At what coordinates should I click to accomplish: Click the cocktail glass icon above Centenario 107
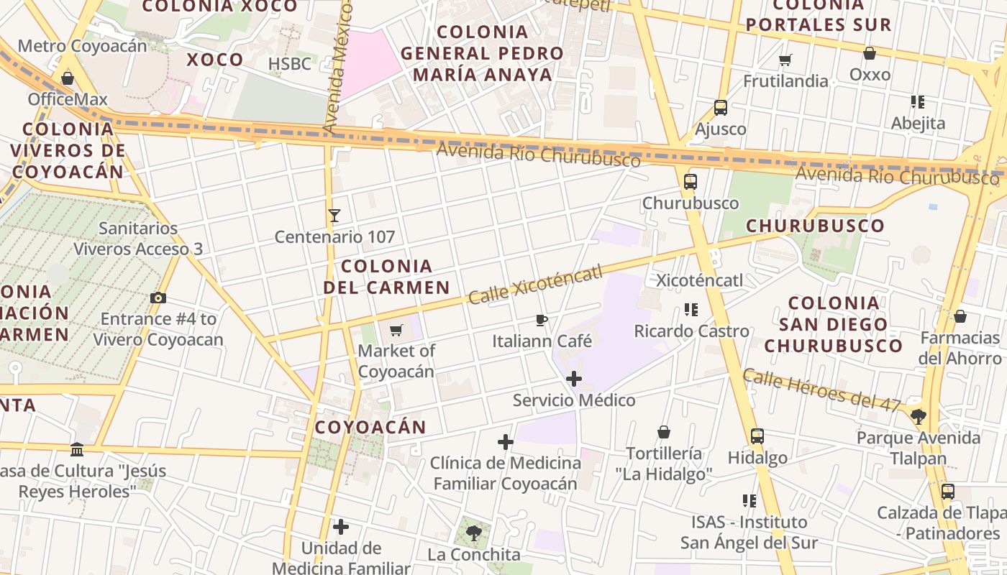click(334, 215)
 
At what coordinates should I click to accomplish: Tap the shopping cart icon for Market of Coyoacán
click(396, 330)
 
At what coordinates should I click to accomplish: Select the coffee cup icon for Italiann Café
click(542, 320)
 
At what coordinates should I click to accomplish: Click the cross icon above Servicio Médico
click(574, 379)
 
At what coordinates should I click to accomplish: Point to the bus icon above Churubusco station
click(691, 182)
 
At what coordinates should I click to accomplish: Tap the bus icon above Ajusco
click(721, 108)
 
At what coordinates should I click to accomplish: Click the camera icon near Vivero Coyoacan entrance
click(158, 298)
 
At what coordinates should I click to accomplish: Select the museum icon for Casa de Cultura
click(77, 450)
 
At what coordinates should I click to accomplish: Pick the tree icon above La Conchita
click(473, 533)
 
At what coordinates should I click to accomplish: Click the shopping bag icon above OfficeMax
click(68, 78)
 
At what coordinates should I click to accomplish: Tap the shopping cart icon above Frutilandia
click(785, 60)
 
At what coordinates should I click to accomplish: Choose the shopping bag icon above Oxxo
click(870, 53)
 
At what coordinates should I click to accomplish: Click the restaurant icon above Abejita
click(918, 102)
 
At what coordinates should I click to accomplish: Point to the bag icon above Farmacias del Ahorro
click(960, 316)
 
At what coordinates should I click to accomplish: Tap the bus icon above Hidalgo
click(757, 436)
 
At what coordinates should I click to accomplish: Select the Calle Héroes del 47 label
click(822, 390)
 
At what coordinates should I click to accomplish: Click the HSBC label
click(290, 64)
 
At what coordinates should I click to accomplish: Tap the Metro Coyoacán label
click(82, 46)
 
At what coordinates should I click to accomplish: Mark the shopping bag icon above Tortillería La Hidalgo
click(664, 432)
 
